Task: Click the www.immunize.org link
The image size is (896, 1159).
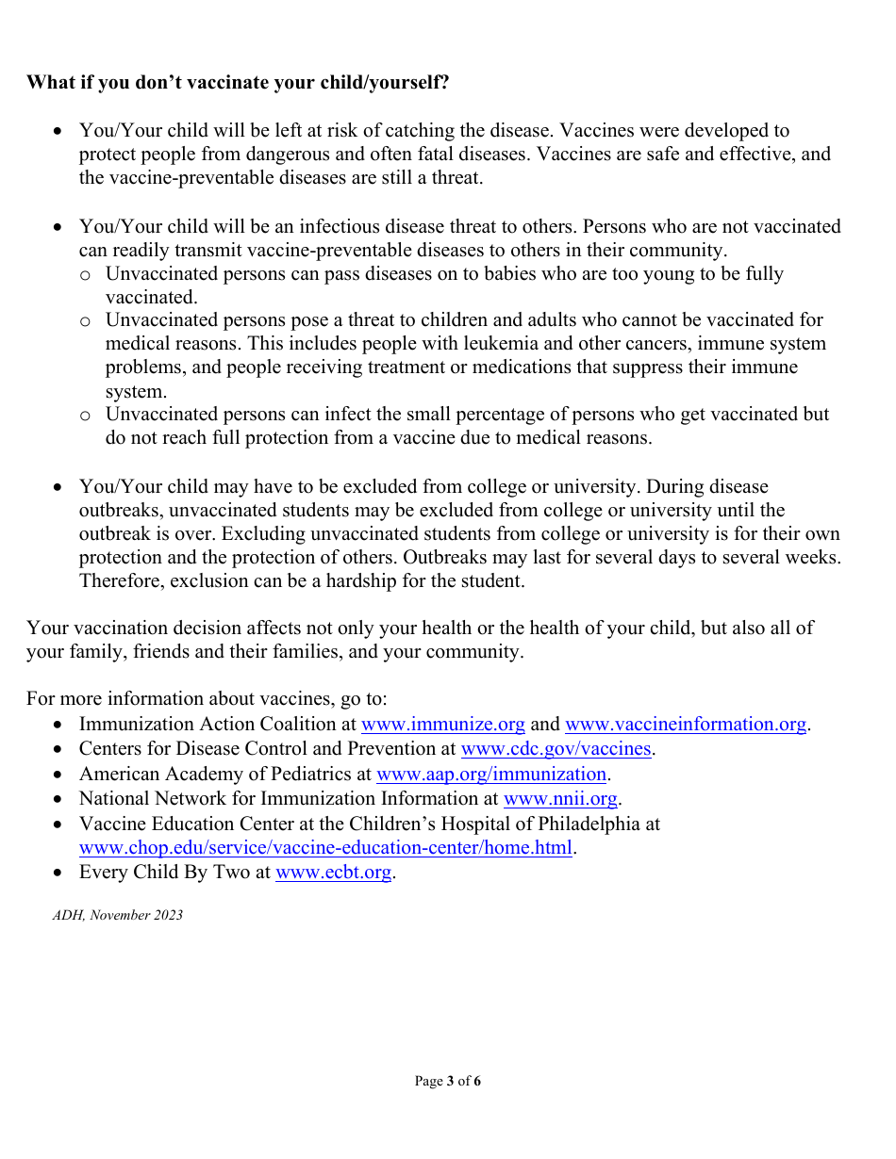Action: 443,725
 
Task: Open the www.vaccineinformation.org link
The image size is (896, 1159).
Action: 686,725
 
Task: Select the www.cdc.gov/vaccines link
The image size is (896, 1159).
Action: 556,749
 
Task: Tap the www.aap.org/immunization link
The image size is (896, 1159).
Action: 490,775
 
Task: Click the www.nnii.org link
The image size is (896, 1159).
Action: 560,799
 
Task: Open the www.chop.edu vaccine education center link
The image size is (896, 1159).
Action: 325,847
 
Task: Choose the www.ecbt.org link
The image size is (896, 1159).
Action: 333,873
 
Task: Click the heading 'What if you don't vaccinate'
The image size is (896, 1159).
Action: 238,83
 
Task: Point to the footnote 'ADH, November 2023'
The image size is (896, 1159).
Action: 118,916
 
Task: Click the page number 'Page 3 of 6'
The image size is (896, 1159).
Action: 448,1082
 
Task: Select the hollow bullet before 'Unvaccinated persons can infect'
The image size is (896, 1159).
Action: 86,416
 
